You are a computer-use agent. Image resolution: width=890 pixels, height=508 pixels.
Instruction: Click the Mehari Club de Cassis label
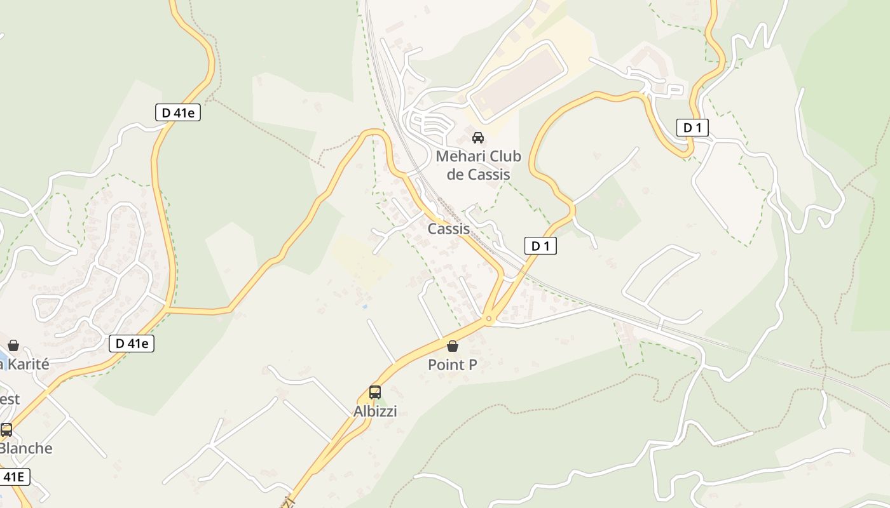[x=478, y=165]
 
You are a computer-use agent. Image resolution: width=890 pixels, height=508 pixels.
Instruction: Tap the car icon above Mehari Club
[x=478, y=137]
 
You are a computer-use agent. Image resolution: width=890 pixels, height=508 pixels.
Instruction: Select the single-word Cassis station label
[x=449, y=229]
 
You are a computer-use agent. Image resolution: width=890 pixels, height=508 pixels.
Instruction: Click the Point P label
[x=453, y=364]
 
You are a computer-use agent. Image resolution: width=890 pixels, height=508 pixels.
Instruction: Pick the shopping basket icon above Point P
[x=453, y=346]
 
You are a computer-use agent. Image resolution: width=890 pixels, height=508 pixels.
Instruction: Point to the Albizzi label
[x=375, y=411]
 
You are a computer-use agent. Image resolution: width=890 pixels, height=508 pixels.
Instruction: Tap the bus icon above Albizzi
[x=375, y=392]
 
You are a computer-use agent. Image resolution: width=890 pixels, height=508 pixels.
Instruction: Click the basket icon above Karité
[x=13, y=345]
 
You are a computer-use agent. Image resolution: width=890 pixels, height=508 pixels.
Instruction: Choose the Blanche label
[x=25, y=448]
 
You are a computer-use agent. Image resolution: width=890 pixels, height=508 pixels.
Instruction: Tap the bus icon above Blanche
[x=6, y=430]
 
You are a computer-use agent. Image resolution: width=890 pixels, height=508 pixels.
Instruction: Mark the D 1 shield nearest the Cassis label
[x=540, y=246]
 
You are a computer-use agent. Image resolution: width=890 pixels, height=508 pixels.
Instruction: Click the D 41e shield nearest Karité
[x=132, y=344]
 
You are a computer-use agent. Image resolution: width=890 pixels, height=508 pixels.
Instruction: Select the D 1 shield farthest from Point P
[x=692, y=128]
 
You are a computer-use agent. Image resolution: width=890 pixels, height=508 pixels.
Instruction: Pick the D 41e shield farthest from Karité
[x=178, y=113]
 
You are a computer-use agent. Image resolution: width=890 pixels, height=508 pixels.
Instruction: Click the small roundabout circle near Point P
[x=488, y=318]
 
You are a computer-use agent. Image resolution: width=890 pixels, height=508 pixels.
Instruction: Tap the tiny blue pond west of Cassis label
[x=364, y=306]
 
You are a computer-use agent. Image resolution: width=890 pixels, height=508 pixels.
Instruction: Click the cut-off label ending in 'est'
[x=9, y=399]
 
